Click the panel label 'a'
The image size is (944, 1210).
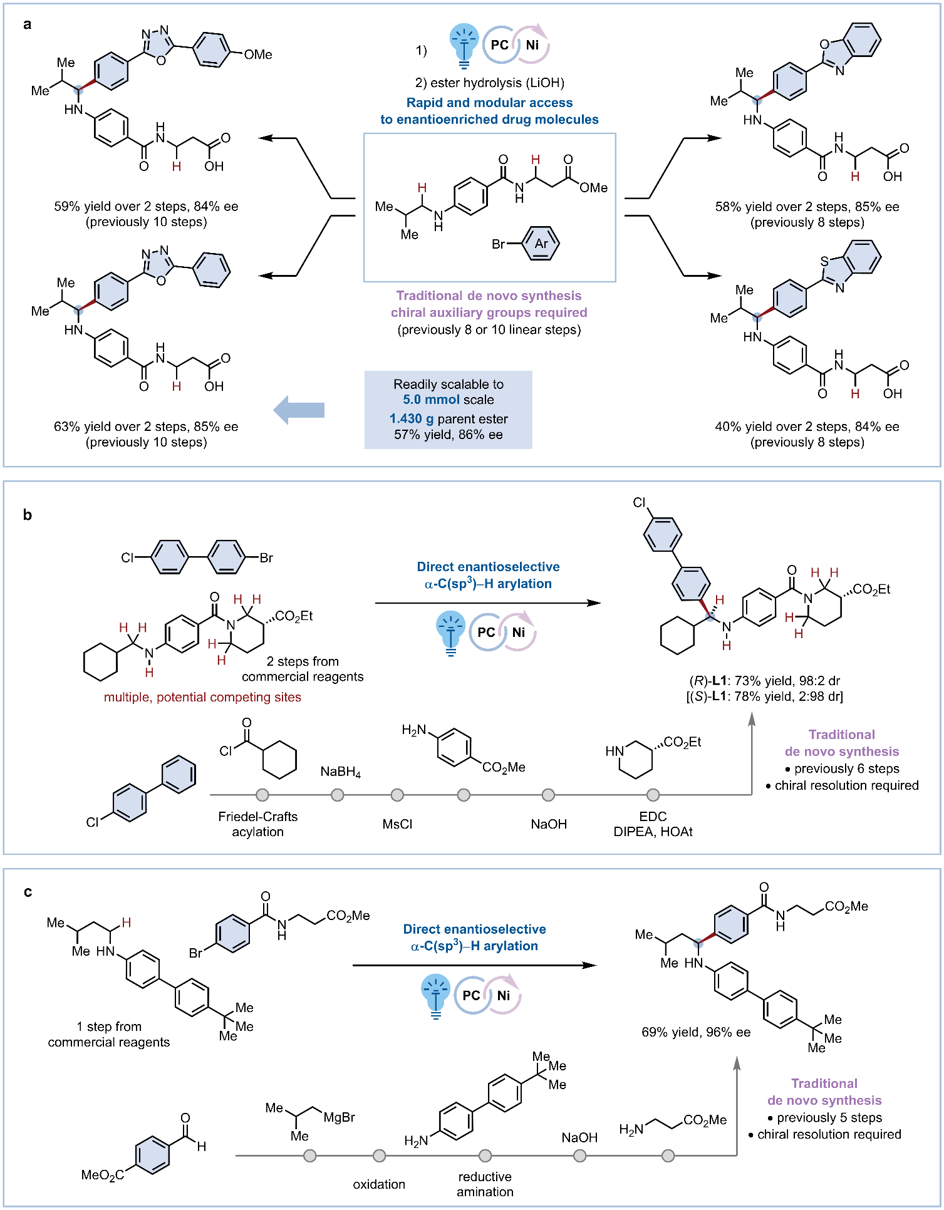27,24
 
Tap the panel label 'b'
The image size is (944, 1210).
27,515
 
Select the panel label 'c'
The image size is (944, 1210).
28,891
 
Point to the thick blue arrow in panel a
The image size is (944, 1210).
299,410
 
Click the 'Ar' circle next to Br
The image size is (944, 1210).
541,244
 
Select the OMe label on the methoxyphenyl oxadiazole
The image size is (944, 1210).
258,54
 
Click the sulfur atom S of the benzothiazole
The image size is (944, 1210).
824,261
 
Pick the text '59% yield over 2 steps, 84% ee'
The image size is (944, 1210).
146,206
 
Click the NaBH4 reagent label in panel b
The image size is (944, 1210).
340,772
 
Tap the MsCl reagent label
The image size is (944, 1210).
397,824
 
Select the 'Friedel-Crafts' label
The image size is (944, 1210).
257,816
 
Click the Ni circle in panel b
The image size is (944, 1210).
519,632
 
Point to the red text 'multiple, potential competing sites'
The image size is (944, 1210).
202,697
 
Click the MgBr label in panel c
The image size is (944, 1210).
340,1117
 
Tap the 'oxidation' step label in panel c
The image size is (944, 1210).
379,1184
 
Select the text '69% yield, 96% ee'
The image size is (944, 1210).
695,1032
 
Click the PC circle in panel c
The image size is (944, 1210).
471,995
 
